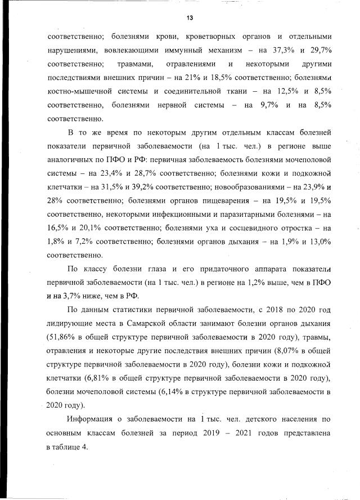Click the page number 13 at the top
pyautogui.click(x=190, y=18)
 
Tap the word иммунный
pyautogui.click(x=169, y=49)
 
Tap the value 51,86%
pyautogui.click(x=63, y=339)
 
